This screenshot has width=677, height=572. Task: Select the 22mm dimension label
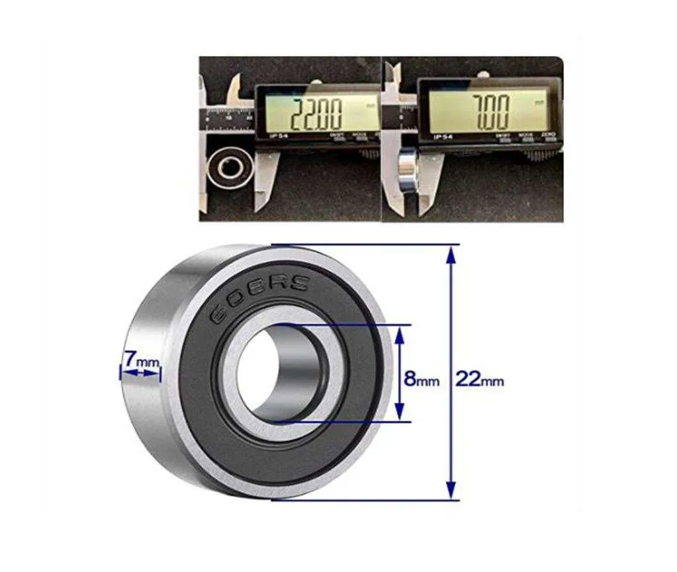(x=479, y=380)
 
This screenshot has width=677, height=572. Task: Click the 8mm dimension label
(x=422, y=380)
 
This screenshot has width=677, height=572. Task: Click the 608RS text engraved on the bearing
(x=259, y=297)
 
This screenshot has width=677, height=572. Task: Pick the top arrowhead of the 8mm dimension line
(x=398, y=331)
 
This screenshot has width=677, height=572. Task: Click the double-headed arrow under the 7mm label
(x=140, y=374)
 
